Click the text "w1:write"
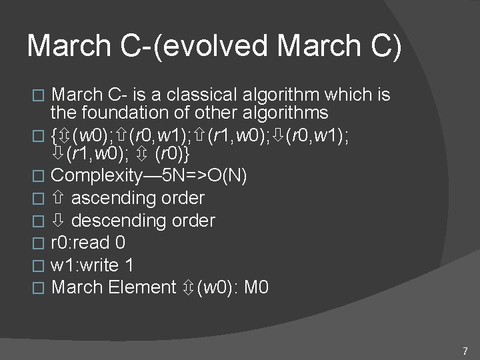pyautogui.click(x=85, y=265)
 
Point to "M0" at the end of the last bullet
pyautogui.click(x=257, y=288)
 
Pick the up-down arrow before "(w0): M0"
pyautogui.click(x=190, y=288)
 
